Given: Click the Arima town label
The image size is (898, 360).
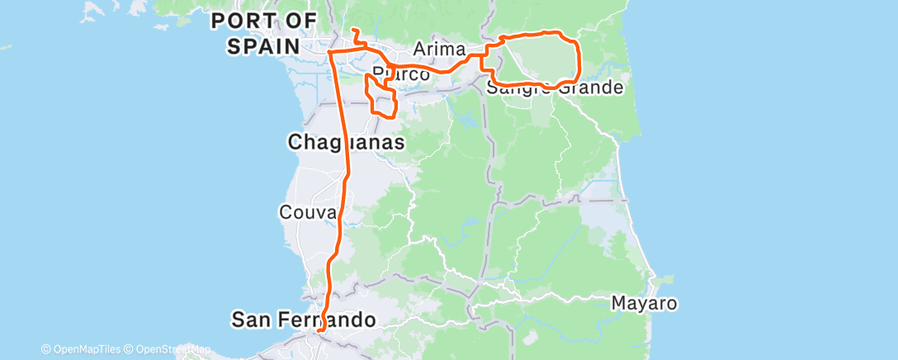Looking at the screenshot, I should [434, 49].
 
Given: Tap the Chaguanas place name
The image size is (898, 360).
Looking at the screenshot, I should [346, 143].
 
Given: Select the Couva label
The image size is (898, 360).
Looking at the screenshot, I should [307, 212].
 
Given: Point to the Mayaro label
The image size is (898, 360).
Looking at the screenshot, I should [645, 303].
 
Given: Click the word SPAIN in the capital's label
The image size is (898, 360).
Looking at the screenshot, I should [262, 45].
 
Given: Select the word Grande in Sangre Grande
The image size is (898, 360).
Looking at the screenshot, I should [589, 88].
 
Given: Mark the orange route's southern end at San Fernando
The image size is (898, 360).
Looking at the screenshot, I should [319, 334].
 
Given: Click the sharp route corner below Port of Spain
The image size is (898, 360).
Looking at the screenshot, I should [329, 52].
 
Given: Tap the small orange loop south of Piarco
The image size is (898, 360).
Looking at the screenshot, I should [385, 104].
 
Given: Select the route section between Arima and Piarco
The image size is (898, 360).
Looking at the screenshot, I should [437, 70].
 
